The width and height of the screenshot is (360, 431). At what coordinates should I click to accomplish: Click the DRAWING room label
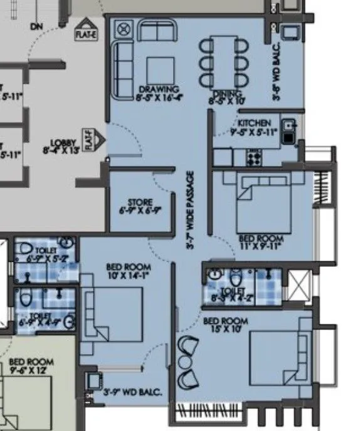(x=159, y=93)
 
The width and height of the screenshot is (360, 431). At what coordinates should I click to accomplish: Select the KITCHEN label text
(x=254, y=127)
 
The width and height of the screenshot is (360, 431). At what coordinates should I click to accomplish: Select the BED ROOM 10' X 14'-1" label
(x=130, y=270)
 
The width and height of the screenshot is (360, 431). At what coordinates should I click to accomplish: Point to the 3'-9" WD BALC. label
(x=132, y=393)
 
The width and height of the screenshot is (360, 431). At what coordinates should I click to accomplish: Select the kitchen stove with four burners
(x=253, y=157)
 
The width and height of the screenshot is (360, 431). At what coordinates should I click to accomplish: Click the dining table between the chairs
(x=224, y=62)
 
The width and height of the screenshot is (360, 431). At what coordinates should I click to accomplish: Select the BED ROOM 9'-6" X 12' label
(x=31, y=366)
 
